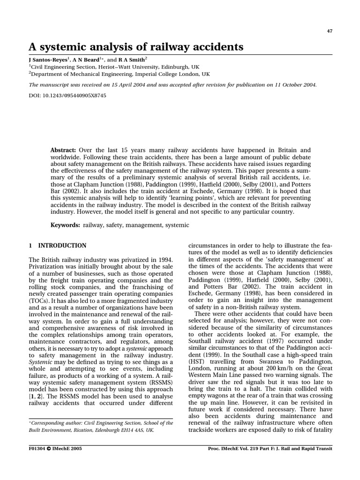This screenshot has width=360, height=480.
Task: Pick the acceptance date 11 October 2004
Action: coord(292,85)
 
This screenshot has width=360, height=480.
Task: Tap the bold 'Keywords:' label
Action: coord(65,225)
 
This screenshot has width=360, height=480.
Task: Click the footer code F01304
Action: coord(38,448)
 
